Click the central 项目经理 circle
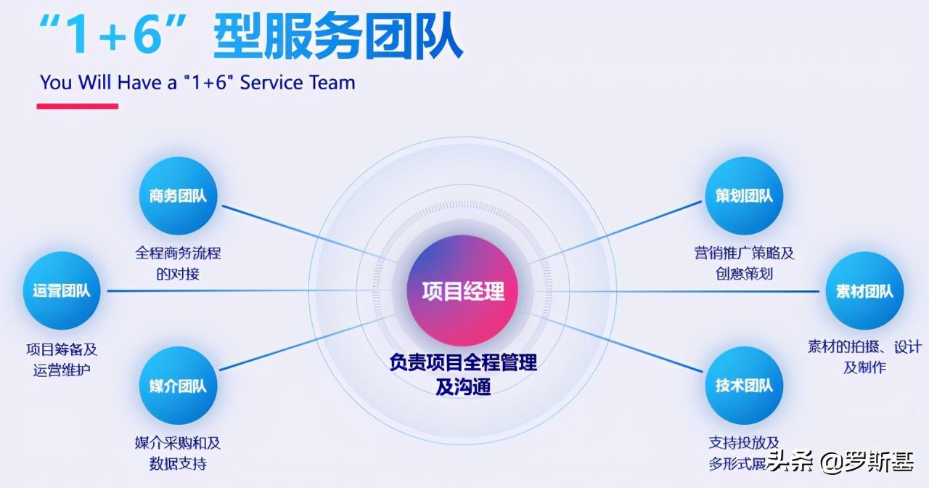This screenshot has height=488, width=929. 462,290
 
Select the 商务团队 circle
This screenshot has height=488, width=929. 178,195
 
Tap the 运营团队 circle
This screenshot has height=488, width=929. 62,290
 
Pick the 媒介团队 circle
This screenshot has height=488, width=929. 178,386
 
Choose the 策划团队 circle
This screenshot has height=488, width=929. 744,195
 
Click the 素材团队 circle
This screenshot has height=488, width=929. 864,290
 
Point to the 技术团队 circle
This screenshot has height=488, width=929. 744,386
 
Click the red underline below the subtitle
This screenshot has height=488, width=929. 78,106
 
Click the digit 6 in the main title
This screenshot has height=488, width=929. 147,33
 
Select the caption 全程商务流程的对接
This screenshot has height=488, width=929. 178,263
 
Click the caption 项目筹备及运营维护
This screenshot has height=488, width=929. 62,359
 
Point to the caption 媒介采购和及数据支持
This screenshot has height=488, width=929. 178,453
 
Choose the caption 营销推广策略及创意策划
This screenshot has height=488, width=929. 744,263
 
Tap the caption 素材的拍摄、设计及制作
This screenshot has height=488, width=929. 864,357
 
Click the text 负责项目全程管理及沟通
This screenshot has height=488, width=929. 463,374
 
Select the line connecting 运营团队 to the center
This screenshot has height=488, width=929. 249,290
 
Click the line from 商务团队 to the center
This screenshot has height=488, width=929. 309,234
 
